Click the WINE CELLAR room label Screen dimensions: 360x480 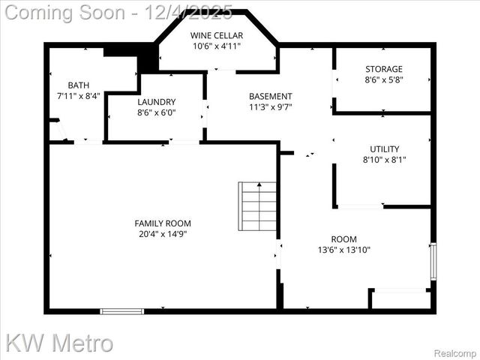tap(216, 34)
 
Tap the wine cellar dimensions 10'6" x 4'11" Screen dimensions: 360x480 tap(216, 46)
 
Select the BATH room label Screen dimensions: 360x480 tap(78, 85)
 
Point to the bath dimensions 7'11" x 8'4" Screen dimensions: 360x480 tap(78, 96)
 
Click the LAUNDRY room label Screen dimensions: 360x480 tap(157, 102)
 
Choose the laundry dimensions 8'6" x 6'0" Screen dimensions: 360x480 tap(157, 113)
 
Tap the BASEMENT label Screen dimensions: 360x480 tap(271, 96)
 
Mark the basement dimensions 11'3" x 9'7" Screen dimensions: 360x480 tap(271, 107)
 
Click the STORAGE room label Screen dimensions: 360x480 tap(383, 69)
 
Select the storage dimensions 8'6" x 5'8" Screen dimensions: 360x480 tap(383, 80)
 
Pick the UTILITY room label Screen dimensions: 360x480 tap(384, 148)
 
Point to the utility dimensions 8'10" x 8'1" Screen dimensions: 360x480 tap(384, 160)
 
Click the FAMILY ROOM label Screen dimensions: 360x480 tap(163, 223)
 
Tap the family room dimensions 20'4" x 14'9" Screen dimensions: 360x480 tap(163, 234)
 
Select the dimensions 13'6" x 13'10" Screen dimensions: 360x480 tap(344, 250)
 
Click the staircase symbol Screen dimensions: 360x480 tap(258, 206)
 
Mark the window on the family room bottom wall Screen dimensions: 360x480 tap(122, 310)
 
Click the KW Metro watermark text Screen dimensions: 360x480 tap(60, 343)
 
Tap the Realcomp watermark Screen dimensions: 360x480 tap(455, 352)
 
